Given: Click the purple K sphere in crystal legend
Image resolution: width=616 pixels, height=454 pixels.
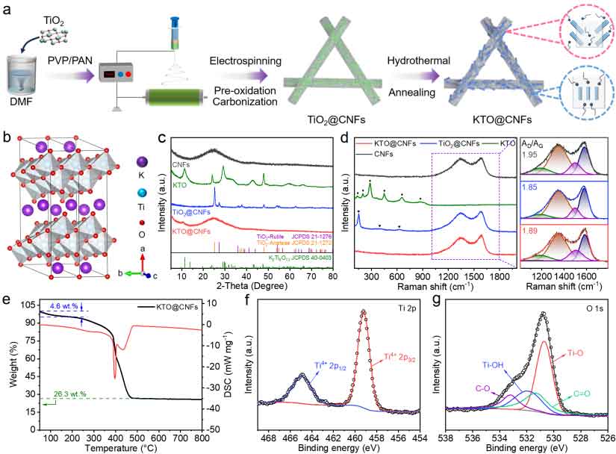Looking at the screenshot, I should [143, 161].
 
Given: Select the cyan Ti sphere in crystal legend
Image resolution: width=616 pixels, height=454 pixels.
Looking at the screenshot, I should [143, 193].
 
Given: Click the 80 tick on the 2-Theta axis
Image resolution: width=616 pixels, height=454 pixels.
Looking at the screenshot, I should [332, 276].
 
